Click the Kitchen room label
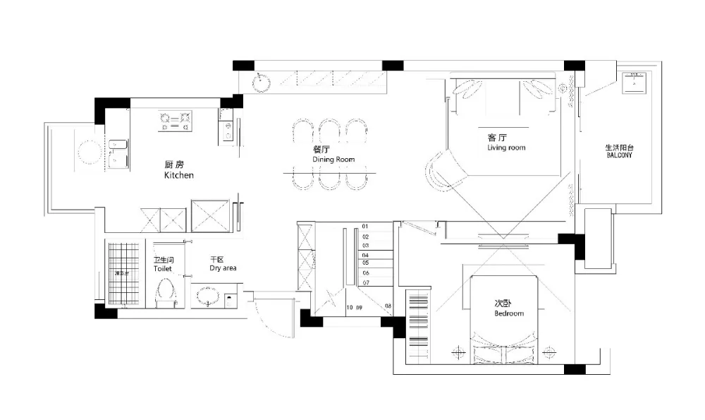click(x=178, y=175)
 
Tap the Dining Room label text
click(x=333, y=160)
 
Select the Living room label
click(x=505, y=148)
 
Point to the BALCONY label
click(x=619, y=155)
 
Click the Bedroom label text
click(x=508, y=313)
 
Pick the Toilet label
click(x=163, y=269)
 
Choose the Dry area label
click(x=223, y=269)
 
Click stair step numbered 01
click(x=365, y=227)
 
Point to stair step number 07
click(x=365, y=282)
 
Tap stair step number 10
click(x=350, y=308)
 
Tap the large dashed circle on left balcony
click(x=89, y=151)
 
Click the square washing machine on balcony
click(x=637, y=83)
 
